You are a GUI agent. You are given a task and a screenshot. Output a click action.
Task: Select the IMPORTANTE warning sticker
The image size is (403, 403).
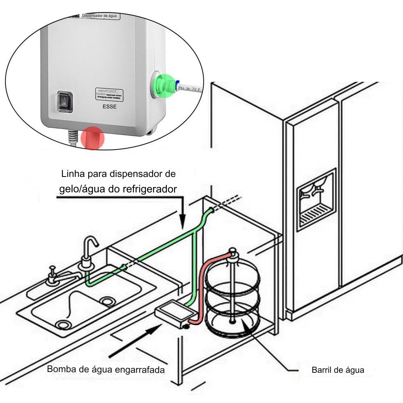tap(109, 93)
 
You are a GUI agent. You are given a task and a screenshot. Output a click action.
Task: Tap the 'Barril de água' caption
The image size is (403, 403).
tap(338, 370)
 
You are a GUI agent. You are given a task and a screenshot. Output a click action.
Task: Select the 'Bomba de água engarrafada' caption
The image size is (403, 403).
tap(106, 369)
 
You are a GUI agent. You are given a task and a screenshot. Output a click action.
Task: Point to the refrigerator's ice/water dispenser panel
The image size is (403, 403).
tap(316, 199)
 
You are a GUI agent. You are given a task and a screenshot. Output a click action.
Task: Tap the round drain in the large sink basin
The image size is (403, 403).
tap(62, 324)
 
